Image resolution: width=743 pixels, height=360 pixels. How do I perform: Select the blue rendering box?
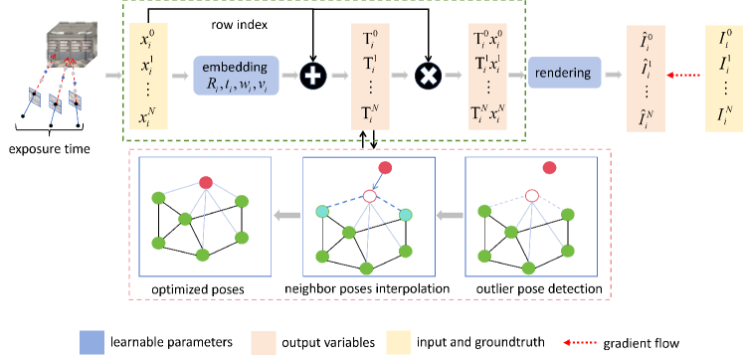[564, 73]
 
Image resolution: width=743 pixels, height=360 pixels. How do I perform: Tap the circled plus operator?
[313, 75]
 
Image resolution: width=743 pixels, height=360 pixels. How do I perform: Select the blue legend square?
[92, 342]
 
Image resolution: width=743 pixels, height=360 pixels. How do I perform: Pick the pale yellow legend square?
[399, 342]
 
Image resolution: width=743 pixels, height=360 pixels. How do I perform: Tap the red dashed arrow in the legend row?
[580, 342]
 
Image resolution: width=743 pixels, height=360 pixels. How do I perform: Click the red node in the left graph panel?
[206, 183]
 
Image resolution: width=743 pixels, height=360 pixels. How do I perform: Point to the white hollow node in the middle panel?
[369, 197]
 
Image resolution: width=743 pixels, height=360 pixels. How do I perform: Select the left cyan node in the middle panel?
[322, 212]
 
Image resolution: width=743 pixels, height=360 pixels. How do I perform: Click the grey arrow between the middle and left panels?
[286, 214]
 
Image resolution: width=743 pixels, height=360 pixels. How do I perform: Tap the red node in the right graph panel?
[549, 167]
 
